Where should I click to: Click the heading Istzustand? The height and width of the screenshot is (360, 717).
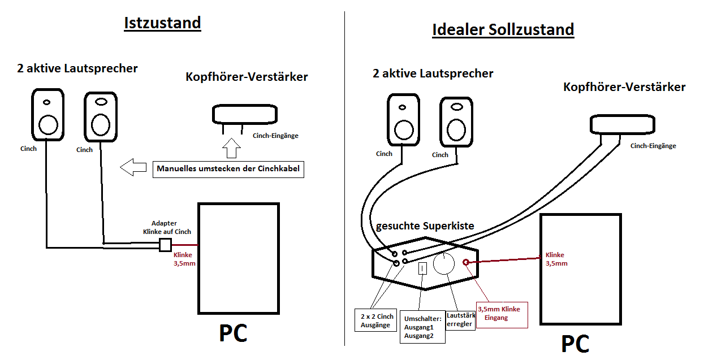(162, 23)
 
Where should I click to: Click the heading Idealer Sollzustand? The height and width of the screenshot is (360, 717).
(503, 29)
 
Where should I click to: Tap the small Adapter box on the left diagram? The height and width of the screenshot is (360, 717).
(165, 245)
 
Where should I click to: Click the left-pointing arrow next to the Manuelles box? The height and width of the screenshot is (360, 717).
(133, 167)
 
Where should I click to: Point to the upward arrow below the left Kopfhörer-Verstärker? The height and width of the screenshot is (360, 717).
(231, 148)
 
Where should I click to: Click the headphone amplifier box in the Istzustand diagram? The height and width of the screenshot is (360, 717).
(245, 115)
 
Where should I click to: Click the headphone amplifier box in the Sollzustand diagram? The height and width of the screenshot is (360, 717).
(622, 124)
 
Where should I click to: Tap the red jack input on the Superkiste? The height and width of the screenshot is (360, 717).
(467, 262)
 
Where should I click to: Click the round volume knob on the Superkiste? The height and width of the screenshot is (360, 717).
(444, 264)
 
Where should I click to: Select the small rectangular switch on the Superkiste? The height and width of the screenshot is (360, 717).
(422, 268)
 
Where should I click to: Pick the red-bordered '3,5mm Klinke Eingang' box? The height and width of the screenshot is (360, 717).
(502, 313)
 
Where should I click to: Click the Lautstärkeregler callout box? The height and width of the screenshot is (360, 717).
(460, 320)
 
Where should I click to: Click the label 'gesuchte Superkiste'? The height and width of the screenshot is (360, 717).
(425, 226)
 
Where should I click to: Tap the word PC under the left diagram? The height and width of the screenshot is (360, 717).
(233, 333)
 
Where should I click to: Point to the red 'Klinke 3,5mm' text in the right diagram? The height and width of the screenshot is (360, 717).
(557, 259)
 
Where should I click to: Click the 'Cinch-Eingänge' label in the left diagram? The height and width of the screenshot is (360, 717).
(275, 136)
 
